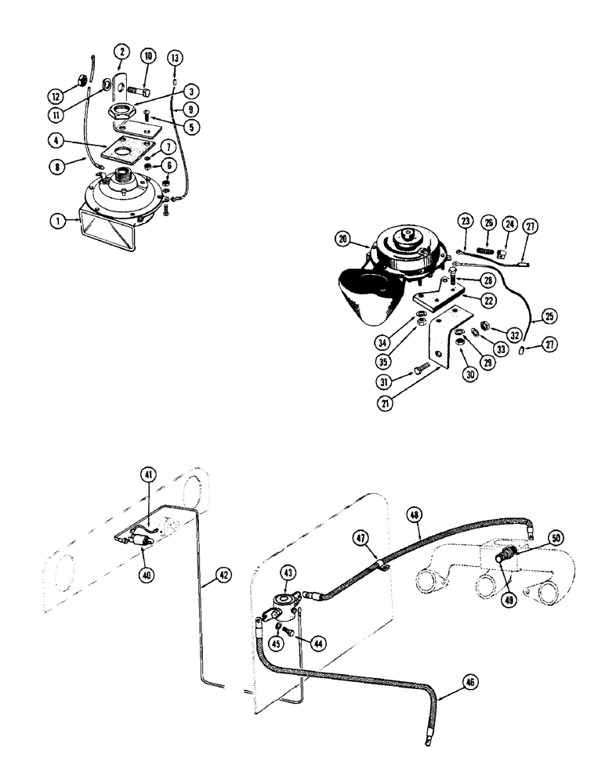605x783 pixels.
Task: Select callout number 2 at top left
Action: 121,52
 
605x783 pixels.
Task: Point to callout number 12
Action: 55,97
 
